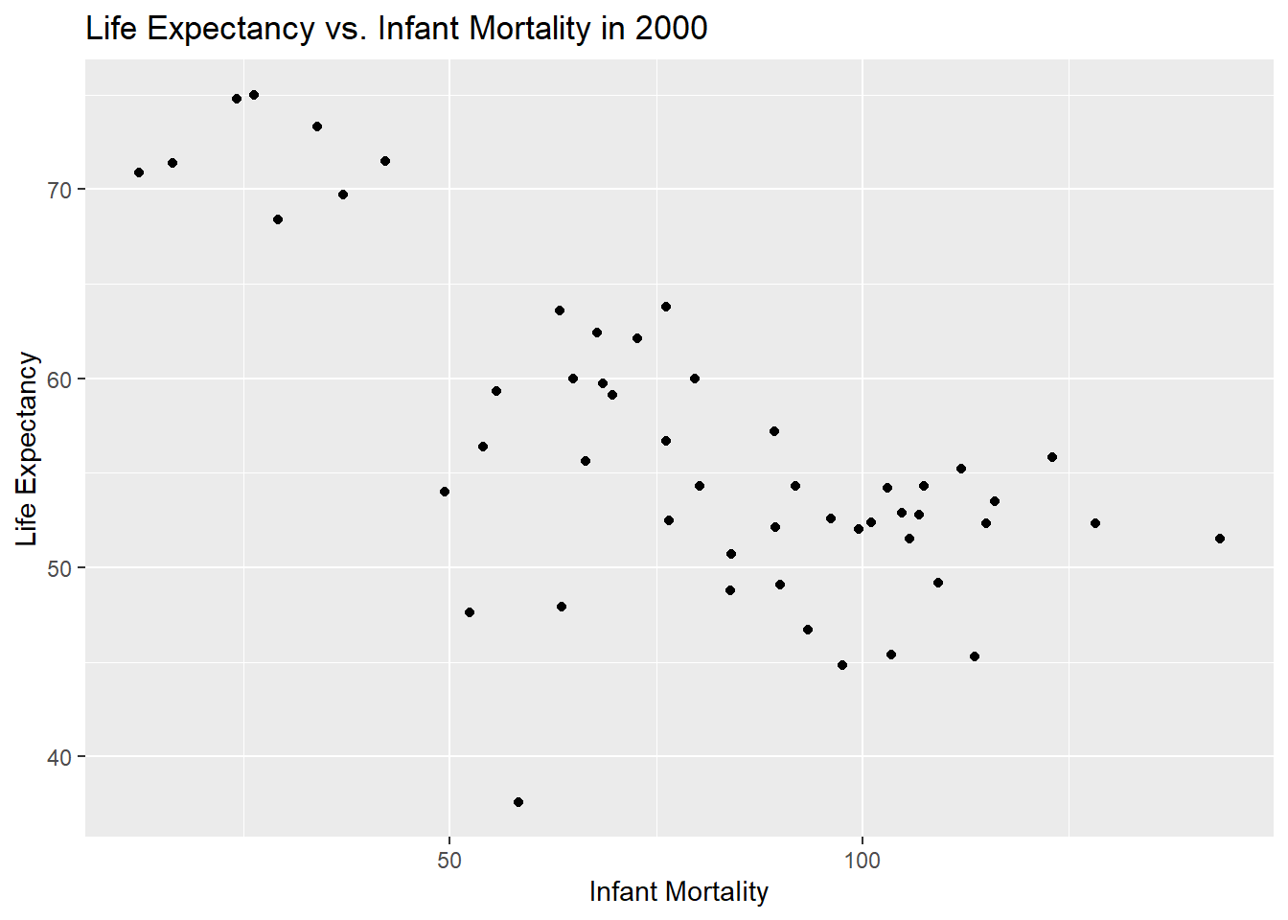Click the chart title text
point(397,29)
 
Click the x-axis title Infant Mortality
point(678,892)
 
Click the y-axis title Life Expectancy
point(27,448)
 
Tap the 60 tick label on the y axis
point(59,379)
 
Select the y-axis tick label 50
point(59,568)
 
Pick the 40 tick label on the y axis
point(59,757)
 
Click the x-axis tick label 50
point(449,861)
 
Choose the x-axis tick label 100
point(862,861)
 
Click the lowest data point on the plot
point(518,802)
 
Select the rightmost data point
point(1220,539)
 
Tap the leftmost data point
point(139,172)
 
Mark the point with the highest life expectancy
point(254,95)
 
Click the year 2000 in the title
point(671,29)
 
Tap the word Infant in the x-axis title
point(620,892)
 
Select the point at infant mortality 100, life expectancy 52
point(859,529)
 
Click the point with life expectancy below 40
point(518,802)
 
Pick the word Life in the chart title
point(108,29)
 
